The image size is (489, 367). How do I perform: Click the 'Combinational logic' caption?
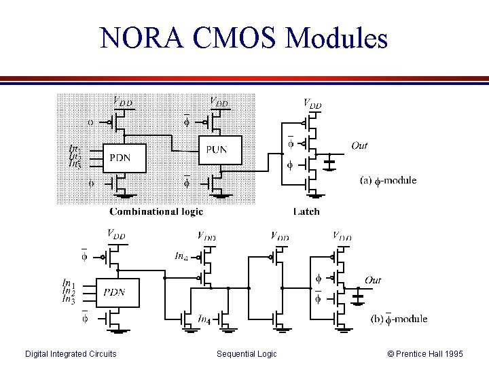156,211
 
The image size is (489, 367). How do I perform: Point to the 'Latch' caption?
306,211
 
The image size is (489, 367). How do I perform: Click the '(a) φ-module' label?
388,181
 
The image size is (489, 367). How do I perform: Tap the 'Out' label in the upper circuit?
359,145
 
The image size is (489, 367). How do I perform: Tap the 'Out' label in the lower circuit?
373,279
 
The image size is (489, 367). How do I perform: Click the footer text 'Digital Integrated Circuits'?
71,353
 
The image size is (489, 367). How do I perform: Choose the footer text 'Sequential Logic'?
247,353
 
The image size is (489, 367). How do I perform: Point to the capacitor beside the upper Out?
331,164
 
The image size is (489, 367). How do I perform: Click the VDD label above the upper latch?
312,104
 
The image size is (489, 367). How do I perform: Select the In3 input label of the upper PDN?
75,165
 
